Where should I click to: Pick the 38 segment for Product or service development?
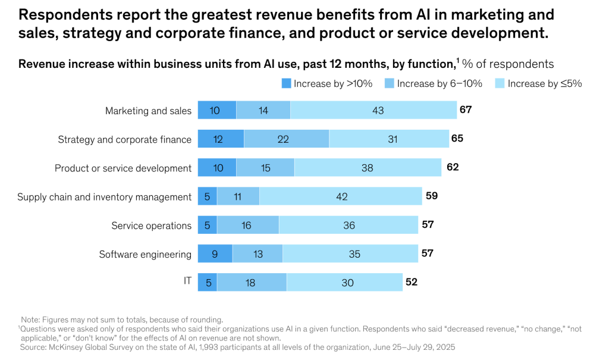pyautogui.click(x=368, y=168)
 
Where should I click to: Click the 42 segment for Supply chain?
pyautogui.click(x=341, y=196)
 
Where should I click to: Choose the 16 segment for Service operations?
pyautogui.click(x=247, y=225)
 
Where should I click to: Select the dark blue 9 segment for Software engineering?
pyautogui.click(x=215, y=254)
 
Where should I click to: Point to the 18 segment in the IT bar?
pyautogui.click(x=251, y=283)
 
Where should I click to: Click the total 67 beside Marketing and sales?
pyautogui.click(x=466, y=109)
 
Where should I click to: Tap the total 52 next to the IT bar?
pyautogui.click(x=412, y=282)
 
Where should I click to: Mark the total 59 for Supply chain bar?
pyautogui.click(x=431, y=196)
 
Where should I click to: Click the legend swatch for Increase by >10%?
pyautogui.click(x=286, y=83)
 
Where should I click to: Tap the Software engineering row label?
pyautogui.click(x=145, y=254)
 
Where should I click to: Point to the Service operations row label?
pyautogui.click(x=151, y=226)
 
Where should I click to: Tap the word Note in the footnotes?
pyautogui.click(x=30, y=320)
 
